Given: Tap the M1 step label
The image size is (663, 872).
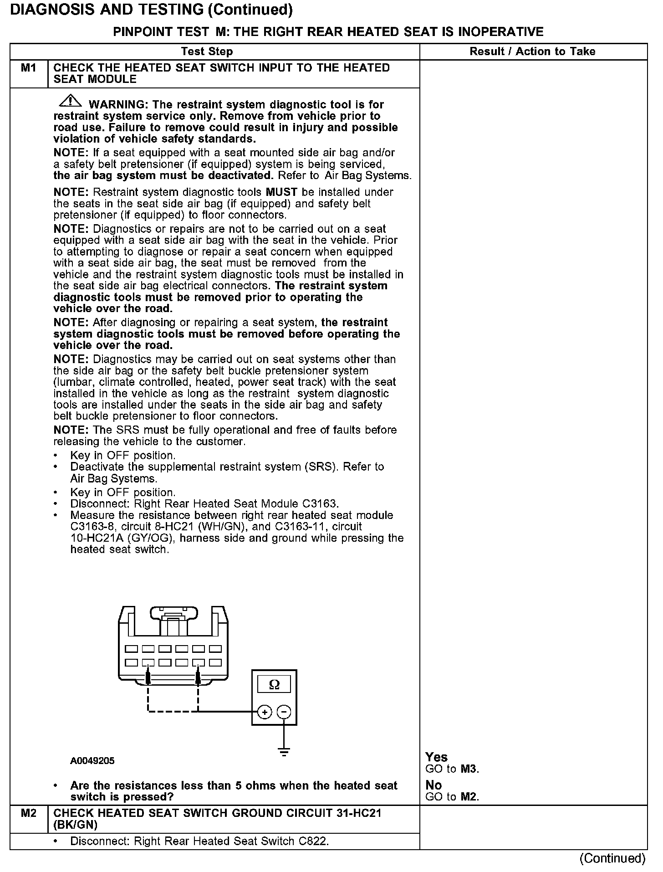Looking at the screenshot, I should pos(28,68).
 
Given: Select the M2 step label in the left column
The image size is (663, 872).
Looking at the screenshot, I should pos(28,813).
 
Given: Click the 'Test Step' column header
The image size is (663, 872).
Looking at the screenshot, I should pos(207,51).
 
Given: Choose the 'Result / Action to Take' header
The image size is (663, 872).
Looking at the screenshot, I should pos(532,51).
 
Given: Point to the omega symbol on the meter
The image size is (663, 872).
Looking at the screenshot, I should pos(274,684).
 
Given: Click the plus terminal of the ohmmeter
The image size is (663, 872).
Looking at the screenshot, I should pos(265,712).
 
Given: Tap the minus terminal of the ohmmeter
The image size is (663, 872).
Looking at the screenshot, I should pos(284,712).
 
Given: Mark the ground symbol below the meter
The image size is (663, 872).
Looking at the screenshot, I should pos(284,752).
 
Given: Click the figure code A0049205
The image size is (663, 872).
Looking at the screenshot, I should pos(92,761).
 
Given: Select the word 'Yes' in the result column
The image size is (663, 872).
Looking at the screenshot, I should pos(436,757).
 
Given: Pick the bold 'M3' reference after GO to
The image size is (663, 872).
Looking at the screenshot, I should pos(469,769).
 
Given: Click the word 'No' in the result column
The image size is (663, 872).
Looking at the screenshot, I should pos(433,785).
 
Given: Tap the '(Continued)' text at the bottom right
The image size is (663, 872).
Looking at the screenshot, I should pos(612,858).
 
